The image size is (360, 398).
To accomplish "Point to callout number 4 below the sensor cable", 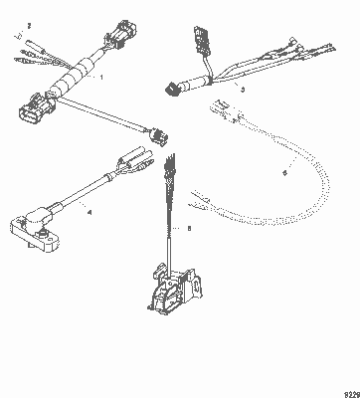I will tap(89, 212).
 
